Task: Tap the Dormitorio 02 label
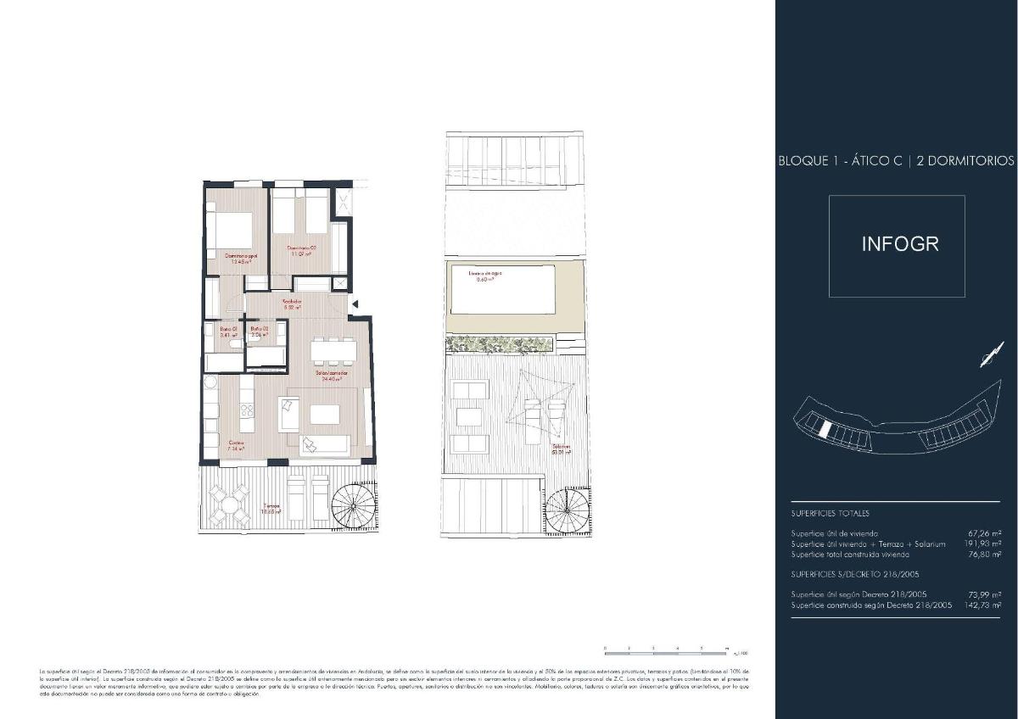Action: coord(300,248)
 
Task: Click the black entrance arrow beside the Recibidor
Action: coord(356,304)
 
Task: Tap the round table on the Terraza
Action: coord(230,505)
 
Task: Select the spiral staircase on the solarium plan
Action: coord(566,513)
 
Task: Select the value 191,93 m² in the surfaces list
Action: coord(984,543)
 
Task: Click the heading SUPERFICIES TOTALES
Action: coord(830,513)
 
